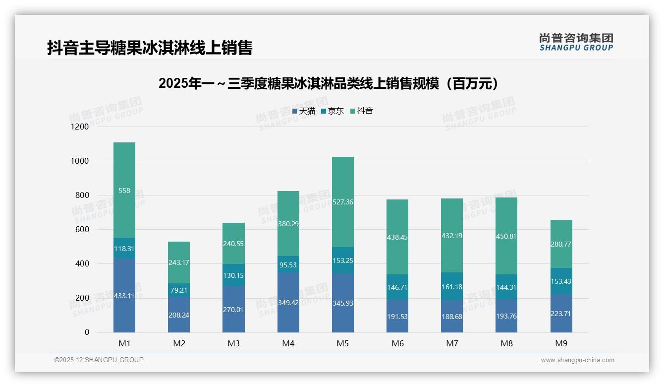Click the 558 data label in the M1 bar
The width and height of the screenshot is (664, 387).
124,191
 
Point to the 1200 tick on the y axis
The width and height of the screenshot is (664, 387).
79,127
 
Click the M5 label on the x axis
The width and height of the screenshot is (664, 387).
343,343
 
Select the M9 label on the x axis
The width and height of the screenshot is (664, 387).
561,343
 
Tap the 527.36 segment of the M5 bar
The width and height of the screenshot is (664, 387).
343,202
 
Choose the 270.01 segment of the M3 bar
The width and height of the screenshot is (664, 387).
233,309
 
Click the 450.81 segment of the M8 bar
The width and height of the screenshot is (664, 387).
506,236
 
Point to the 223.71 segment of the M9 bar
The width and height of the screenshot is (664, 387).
561,314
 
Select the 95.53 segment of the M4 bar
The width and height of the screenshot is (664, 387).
288,264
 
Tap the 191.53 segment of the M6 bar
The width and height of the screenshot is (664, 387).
397,316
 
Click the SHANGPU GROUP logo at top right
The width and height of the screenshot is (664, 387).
576,42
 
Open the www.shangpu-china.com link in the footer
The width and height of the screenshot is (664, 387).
577,360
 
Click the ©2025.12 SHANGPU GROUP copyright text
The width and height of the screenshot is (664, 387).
99,360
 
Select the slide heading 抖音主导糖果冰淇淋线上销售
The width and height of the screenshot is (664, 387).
150,48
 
